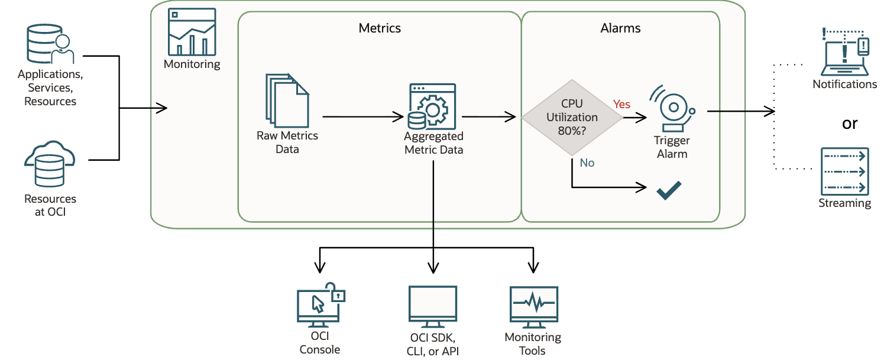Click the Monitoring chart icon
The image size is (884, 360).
click(192, 33)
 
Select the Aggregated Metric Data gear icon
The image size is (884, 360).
click(432, 107)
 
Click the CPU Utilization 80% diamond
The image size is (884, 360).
click(572, 117)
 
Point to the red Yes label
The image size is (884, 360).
click(621, 104)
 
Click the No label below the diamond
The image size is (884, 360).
click(587, 162)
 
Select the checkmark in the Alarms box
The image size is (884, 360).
click(669, 190)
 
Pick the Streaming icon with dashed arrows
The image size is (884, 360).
click(844, 171)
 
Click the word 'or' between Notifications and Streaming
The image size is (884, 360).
click(849, 124)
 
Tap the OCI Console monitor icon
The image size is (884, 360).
click(319, 305)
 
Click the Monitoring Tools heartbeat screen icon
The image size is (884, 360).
click(533, 306)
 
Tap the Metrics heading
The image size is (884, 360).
click(380, 28)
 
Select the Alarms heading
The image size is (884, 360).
click(620, 28)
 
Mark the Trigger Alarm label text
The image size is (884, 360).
click(672, 147)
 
